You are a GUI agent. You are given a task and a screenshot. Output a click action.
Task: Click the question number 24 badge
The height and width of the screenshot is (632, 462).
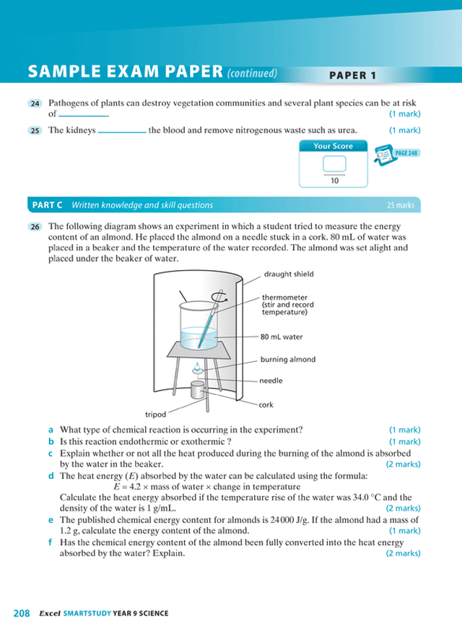coord(35,104)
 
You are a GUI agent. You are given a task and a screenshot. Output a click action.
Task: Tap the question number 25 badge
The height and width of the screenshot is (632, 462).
coord(35,131)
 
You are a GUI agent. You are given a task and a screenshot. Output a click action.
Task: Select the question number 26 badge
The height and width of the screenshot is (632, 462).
coord(35,227)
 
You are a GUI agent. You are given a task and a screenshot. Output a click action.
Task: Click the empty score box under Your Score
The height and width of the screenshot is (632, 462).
coord(334,163)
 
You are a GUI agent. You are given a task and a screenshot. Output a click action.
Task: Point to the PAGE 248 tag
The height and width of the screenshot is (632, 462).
coord(406,153)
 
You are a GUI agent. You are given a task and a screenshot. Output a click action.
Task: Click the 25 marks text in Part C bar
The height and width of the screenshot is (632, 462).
coord(400,205)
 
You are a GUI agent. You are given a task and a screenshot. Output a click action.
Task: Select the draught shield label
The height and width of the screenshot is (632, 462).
coord(289,274)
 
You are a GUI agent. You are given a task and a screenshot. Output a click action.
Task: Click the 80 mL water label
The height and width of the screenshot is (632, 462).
coord(282,337)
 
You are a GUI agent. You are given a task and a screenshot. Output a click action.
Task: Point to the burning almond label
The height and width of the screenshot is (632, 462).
coord(288,359)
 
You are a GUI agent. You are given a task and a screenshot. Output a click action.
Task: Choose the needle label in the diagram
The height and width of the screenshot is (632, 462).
coord(271,381)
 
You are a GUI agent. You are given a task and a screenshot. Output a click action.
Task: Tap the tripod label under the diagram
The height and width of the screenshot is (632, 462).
coord(155,415)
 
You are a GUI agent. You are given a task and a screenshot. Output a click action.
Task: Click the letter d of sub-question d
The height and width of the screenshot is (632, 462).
coord(51,476)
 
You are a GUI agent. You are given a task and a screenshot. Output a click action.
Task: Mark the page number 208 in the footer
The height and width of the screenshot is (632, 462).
coord(21,613)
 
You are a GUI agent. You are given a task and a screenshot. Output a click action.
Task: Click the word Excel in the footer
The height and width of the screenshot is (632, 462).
coord(48,614)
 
